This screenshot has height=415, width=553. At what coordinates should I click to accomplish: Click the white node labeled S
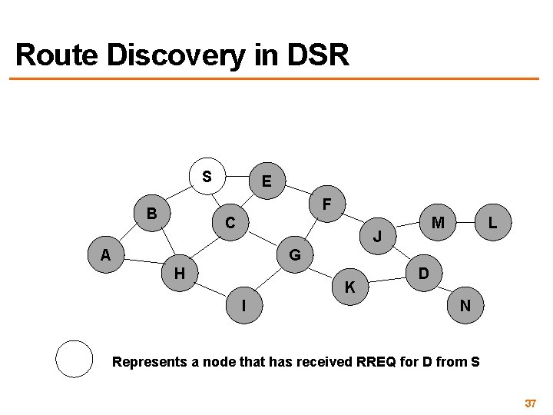click(207, 176)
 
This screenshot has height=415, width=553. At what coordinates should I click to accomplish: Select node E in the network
click(266, 182)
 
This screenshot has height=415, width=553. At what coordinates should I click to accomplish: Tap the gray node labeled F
click(327, 205)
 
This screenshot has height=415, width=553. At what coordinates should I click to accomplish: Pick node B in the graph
click(152, 213)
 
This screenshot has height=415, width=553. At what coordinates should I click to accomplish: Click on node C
click(230, 224)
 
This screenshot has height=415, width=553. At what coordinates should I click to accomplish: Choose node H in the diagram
click(179, 272)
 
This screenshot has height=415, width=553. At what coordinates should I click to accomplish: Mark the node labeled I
click(244, 305)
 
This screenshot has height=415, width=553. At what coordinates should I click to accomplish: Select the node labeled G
click(295, 254)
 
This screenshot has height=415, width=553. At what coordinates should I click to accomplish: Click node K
click(350, 287)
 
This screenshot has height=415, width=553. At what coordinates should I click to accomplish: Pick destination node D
click(423, 273)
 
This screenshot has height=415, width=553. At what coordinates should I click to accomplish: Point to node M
click(439, 223)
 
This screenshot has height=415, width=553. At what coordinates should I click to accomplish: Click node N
click(465, 305)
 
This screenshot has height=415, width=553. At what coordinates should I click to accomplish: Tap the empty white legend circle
click(75, 359)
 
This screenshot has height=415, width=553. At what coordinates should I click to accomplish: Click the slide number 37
click(530, 403)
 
